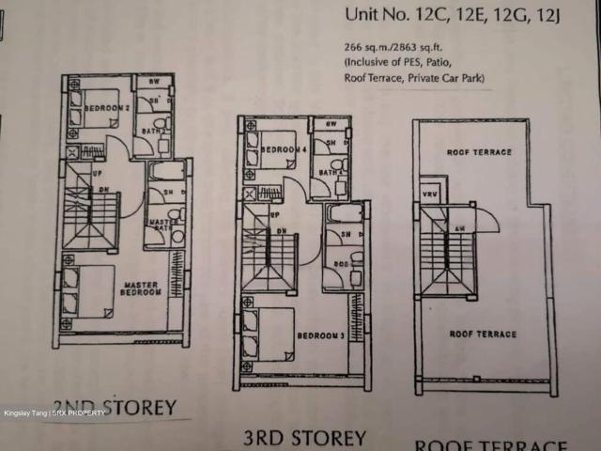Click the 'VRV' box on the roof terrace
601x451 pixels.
[x=428, y=190]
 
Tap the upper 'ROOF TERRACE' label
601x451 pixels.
[x=479, y=152]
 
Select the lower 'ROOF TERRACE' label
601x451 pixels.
[x=482, y=334]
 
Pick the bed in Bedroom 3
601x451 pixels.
[x=266, y=334]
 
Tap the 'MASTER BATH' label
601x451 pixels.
[x=163, y=225]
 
